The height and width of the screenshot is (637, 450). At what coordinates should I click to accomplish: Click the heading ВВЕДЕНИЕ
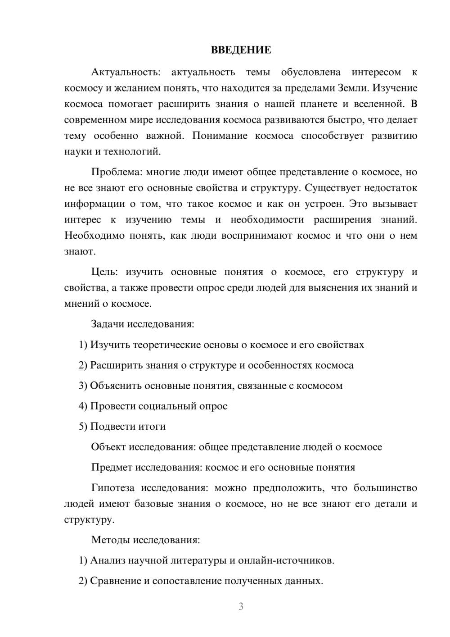click(x=241, y=50)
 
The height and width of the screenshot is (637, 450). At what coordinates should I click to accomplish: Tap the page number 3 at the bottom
click(x=241, y=606)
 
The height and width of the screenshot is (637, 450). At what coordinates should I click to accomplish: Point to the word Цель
click(x=104, y=272)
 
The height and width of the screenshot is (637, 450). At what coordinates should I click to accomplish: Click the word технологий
click(x=132, y=151)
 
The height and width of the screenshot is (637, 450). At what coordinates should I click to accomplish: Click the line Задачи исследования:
click(x=143, y=324)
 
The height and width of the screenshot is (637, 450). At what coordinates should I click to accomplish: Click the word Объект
click(x=108, y=447)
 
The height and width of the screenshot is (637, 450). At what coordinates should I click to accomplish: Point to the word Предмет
click(x=112, y=467)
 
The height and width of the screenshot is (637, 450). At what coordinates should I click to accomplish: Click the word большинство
click(x=385, y=488)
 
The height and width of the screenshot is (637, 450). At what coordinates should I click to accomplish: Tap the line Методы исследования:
click(x=145, y=540)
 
